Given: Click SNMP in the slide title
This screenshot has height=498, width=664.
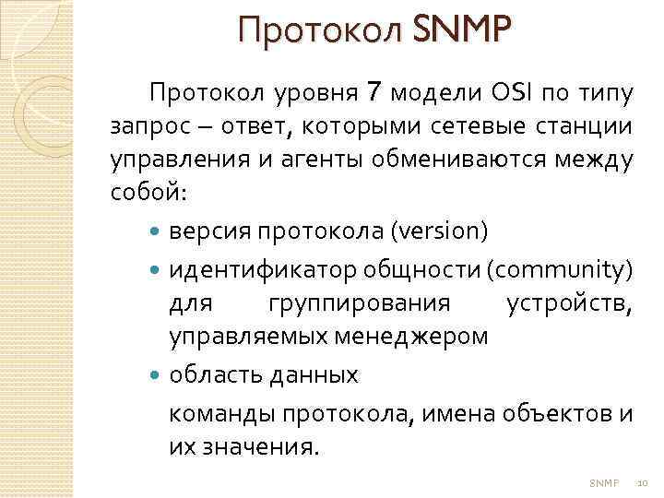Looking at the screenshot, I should click(x=460, y=32).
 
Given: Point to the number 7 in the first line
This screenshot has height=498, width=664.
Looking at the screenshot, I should click(x=373, y=92).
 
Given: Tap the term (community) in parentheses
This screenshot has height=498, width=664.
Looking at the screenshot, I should click(x=560, y=269).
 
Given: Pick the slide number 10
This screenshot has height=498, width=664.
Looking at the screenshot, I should click(x=643, y=482).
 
